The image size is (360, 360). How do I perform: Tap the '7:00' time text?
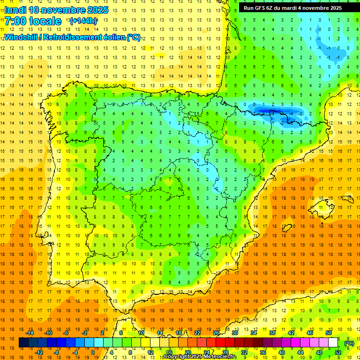click(x=15, y=21)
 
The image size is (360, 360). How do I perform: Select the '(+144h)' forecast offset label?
click(x=83, y=21)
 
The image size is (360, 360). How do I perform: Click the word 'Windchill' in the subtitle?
click(x=21, y=37)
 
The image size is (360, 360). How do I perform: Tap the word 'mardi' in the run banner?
click(x=289, y=8)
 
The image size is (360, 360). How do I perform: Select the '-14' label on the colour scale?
click(x=30, y=333)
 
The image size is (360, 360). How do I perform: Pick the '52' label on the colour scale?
click(x=338, y=352)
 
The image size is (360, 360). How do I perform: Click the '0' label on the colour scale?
click(x=92, y=352)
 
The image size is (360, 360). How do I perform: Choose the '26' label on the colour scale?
click(x=216, y=333)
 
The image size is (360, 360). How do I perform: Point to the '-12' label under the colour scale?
click(x=39, y=352)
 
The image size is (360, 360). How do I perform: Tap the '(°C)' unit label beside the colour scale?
click(x=349, y=343)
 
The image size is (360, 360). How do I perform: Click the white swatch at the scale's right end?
click(x=333, y=343)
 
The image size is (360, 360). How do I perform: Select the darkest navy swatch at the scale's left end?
click(x=23, y=343)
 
